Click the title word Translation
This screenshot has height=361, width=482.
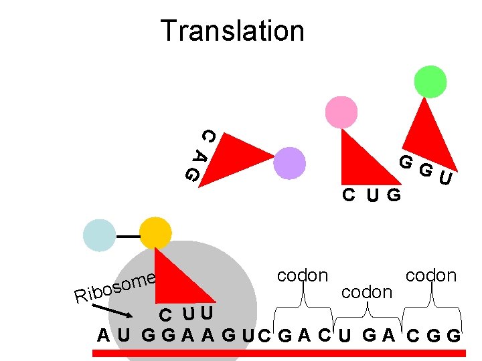[232, 31]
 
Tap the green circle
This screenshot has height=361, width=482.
[430, 81]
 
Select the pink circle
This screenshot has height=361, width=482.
[341, 112]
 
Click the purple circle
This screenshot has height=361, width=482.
[289, 163]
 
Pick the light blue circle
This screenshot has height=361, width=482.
[99, 235]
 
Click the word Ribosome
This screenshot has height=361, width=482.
[116, 287]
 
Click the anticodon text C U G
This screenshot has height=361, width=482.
[372, 195]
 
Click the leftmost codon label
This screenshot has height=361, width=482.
[303, 275]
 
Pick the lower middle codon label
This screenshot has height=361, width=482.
[366, 291]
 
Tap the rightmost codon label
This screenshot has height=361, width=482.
[431, 275]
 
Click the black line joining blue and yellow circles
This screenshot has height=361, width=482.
[127, 237]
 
